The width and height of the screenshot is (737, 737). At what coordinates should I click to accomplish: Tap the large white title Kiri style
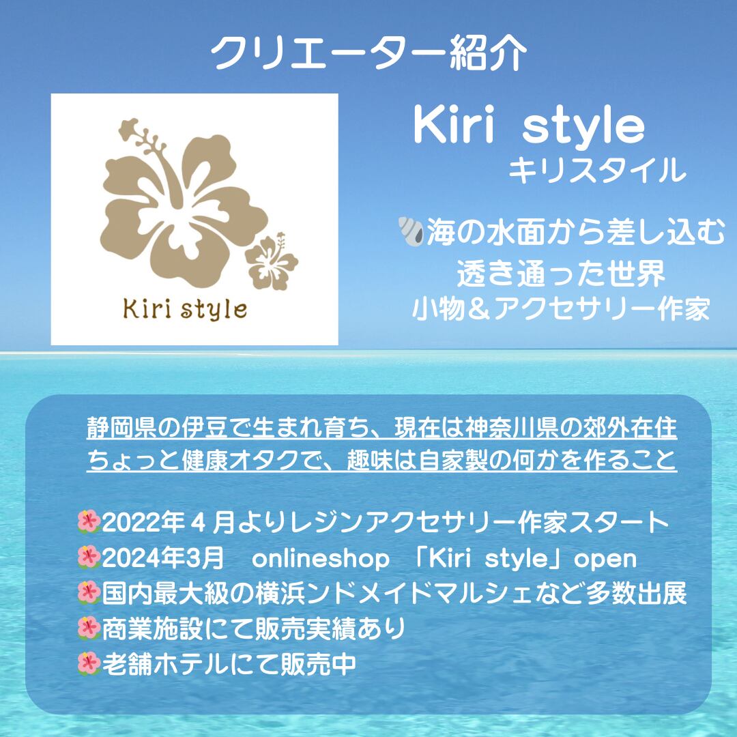coord(529,126)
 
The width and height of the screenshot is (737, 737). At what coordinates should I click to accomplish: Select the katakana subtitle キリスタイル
coord(597,170)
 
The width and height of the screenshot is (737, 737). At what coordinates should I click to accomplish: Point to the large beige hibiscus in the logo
coord(181,207)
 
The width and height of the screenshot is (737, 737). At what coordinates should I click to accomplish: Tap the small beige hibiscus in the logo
coord(272,261)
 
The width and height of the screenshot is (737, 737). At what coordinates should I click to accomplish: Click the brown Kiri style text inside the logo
coord(185,310)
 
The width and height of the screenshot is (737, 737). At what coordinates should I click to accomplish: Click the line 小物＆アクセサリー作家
coord(561,309)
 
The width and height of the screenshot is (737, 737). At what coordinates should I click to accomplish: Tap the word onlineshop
coord(321,559)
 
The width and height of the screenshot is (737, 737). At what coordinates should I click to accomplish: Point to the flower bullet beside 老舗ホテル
coord(89,663)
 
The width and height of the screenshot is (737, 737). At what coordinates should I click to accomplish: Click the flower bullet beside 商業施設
coord(89,628)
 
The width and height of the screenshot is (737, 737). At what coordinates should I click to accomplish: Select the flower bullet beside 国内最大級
coord(89,593)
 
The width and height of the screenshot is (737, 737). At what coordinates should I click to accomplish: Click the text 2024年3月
coord(162,559)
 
